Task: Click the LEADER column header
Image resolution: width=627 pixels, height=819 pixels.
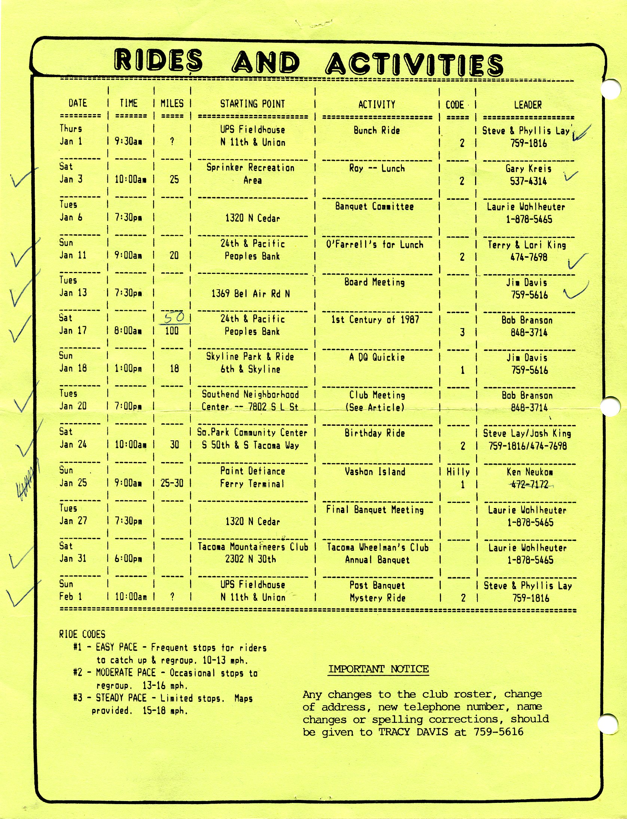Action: click(527, 105)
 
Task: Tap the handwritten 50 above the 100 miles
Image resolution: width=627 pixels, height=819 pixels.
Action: click(174, 318)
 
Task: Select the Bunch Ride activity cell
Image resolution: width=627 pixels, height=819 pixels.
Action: click(377, 131)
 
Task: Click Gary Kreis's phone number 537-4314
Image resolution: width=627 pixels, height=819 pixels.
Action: click(528, 181)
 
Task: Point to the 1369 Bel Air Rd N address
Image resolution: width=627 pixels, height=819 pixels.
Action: click(251, 294)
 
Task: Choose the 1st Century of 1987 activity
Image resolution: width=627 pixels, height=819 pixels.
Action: click(375, 320)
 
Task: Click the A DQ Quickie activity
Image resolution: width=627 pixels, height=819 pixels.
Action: click(377, 357)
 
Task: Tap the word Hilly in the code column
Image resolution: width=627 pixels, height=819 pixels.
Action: click(458, 472)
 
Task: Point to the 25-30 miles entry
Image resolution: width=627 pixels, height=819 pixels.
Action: click(172, 483)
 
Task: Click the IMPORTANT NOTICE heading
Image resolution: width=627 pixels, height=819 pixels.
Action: click(378, 669)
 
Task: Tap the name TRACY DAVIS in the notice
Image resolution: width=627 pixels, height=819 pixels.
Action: click(413, 732)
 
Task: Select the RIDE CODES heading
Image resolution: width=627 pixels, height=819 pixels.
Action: click(82, 634)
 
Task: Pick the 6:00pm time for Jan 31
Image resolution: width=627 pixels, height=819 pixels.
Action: click(128, 559)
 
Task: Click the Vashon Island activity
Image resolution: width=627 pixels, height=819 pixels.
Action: click(375, 471)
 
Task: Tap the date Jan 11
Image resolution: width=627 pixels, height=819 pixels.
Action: click(73, 255)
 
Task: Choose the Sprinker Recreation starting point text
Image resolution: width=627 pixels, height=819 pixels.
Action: click(251, 168)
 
